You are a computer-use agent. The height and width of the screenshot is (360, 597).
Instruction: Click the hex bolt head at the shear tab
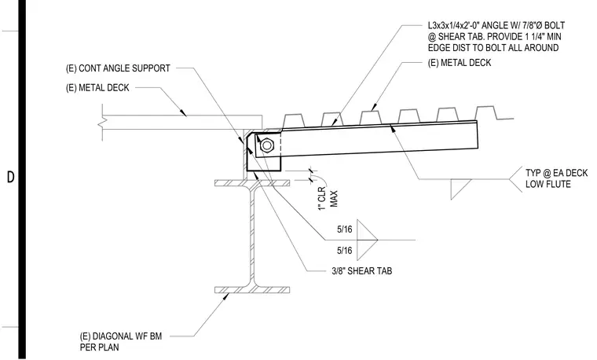click(267, 145)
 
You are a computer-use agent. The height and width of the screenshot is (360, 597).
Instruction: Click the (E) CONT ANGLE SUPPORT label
click(118, 68)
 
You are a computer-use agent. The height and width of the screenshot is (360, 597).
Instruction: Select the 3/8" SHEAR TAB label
click(361, 271)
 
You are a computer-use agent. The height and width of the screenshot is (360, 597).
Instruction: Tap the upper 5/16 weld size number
click(345, 229)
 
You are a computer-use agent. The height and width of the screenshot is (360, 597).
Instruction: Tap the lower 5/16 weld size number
click(345, 250)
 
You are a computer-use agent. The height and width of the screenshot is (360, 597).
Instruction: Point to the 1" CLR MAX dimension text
click(328, 198)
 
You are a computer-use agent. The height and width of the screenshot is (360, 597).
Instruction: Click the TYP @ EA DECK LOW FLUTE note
click(557, 178)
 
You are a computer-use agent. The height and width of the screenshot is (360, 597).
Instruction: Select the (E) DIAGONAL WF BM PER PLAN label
click(121, 342)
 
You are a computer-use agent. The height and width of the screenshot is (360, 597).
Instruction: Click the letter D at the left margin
click(11, 177)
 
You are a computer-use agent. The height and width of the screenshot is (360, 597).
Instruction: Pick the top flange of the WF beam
click(252, 183)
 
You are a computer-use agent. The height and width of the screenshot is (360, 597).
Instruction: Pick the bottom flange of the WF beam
click(252, 290)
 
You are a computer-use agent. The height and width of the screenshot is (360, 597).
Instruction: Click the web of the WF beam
click(252, 236)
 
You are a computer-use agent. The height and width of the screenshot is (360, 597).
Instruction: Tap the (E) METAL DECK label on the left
click(97, 88)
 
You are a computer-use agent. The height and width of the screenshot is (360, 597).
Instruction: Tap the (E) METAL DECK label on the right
click(460, 63)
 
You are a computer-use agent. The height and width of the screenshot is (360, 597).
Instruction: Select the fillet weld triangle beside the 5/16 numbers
click(367, 240)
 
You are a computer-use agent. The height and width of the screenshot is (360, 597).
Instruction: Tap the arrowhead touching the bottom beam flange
click(226, 296)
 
